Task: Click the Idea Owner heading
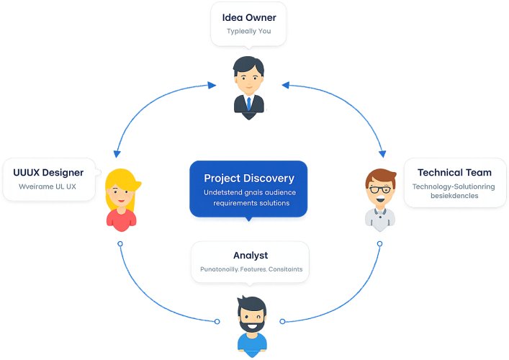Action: (248, 17)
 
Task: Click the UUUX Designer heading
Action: (48, 172)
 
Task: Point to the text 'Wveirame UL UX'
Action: (48, 187)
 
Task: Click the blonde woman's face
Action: (120, 194)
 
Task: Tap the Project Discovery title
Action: (249, 178)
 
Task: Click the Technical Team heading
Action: (454, 172)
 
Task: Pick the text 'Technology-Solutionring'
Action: (454, 186)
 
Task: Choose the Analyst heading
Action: (250, 255)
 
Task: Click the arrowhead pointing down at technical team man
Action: (383, 154)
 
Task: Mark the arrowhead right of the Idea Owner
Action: (286, 84)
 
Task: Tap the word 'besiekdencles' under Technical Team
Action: (436, 196)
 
